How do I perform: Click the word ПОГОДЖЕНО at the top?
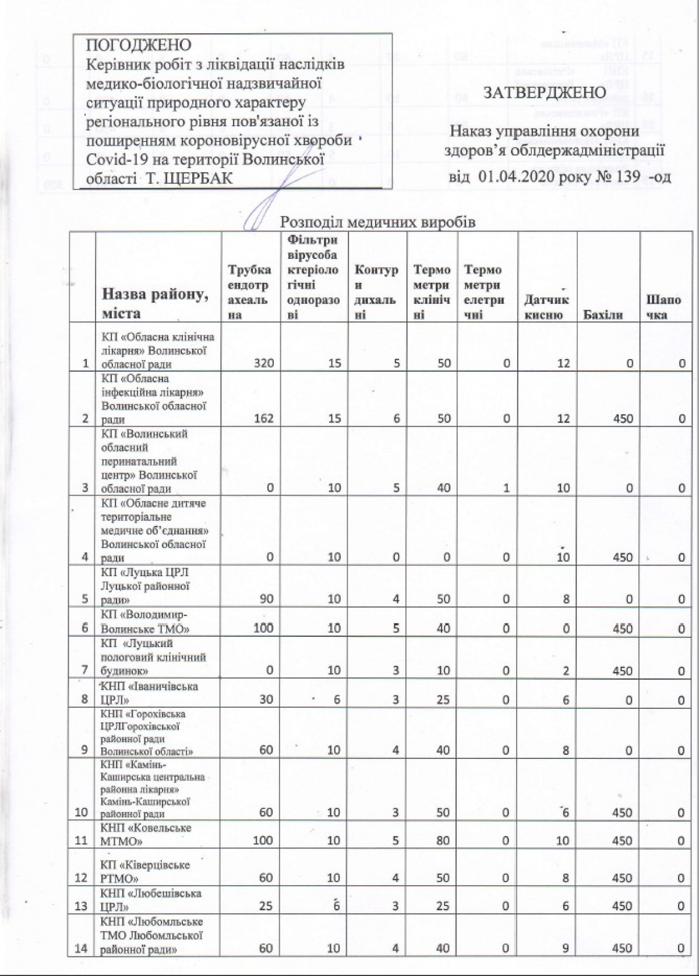pos(139,45)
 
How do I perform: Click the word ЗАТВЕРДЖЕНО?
pos(545,92)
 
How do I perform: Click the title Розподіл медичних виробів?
pos(378,222)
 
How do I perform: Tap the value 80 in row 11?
pos(443,840)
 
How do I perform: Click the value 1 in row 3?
pos(507,488)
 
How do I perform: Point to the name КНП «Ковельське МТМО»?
pos(146,834)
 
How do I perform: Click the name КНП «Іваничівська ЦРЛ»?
pos(149,693)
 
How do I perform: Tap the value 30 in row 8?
pos(266,699)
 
